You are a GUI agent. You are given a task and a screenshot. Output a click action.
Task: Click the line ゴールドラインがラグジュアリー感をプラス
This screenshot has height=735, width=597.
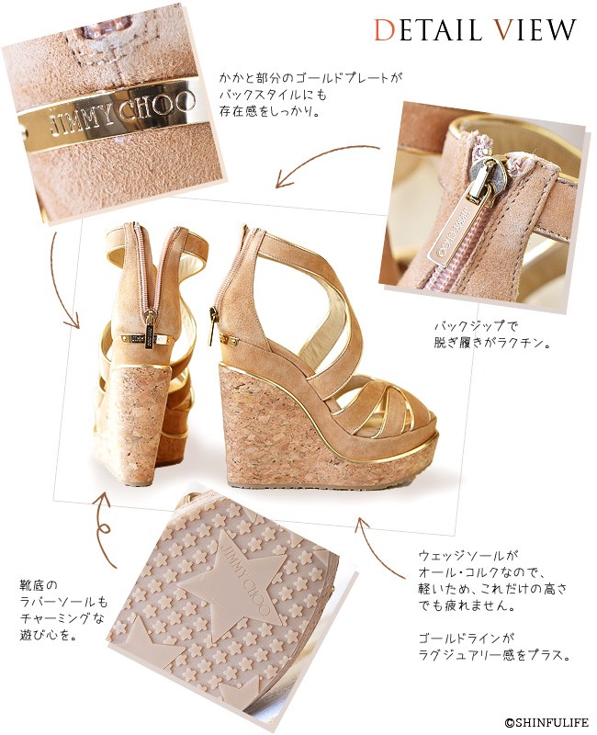(495, 647)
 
